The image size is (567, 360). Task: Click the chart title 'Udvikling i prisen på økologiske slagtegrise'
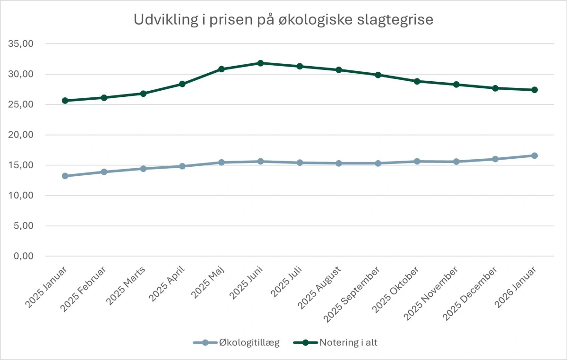click(283, 20)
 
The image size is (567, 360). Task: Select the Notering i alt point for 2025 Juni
click(260, 63)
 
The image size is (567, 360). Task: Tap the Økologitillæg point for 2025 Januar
click(65, 176)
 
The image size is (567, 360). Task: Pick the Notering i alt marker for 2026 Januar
click(534, 90)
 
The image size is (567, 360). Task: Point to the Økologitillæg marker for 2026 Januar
click(534, 155)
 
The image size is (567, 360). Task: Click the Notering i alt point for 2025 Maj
click(221, 69)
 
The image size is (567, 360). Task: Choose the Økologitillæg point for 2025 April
click(182, 166)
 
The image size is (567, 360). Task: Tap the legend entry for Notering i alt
click(335, 343)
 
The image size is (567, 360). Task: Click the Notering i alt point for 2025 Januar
click(65, 101)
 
